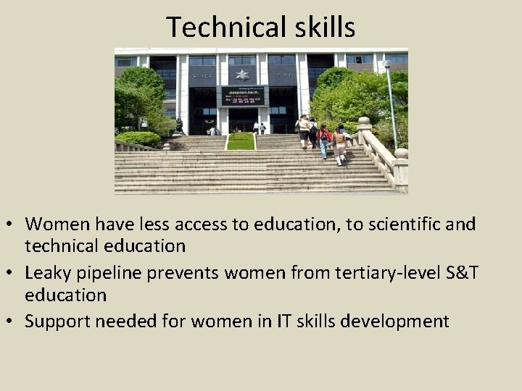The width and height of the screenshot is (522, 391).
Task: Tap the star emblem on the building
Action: (x=241, y=74)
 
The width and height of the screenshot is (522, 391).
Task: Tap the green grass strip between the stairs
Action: (x=241, y=141)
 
